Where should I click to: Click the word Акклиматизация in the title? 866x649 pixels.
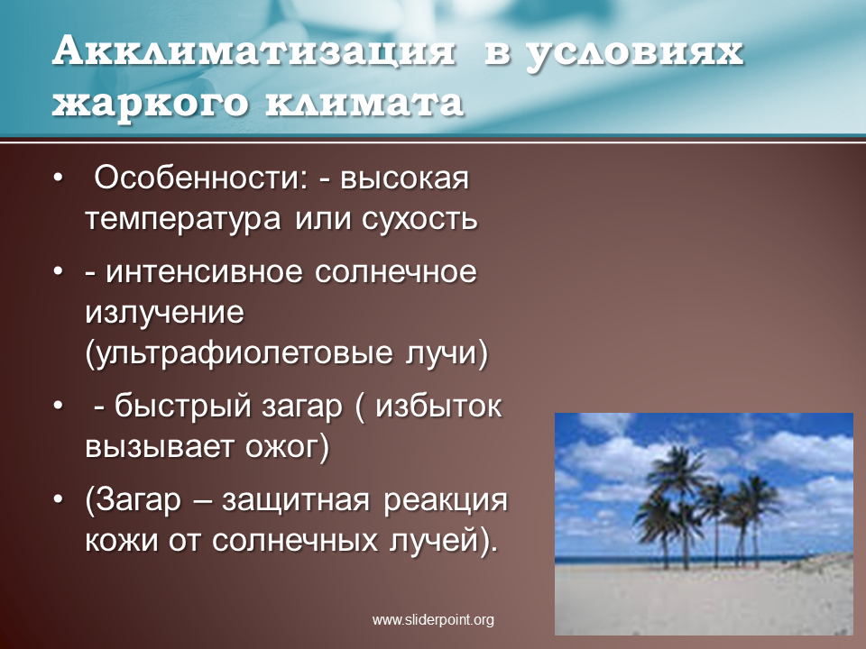(254, 53)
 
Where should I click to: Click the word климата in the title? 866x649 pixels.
(364, 103)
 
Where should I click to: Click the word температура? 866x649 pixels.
(183, 220)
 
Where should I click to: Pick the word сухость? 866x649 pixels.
(419, 218)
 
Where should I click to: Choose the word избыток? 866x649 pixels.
(438, 407)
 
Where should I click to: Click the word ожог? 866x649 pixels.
(281, 448)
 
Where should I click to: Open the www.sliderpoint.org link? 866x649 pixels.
(433, 620)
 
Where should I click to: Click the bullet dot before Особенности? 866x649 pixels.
(59, 178)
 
